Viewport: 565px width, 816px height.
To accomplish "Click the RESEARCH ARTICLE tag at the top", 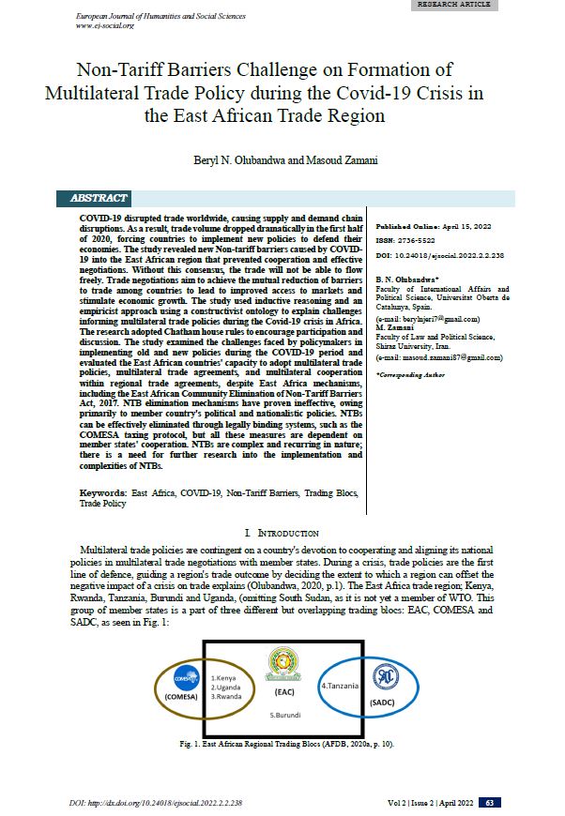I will pyautogui.click(x=454, y=6).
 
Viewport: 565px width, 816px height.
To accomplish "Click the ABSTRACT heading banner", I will pyautogui.click(x=99, y=199).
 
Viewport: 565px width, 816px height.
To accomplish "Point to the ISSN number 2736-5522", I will pyautogui.click(x=409, y=241).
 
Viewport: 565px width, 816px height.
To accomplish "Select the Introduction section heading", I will pyautogui.click(x=282, y=533).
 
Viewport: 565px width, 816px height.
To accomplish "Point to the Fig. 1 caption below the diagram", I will pyautogui.click(x=282, y=743).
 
